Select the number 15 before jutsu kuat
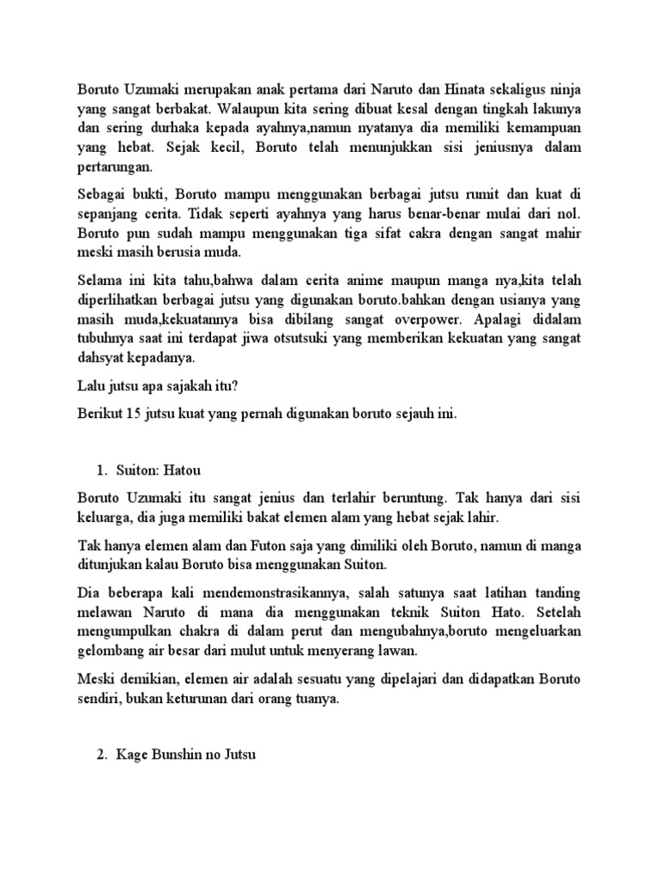pos(133,414)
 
